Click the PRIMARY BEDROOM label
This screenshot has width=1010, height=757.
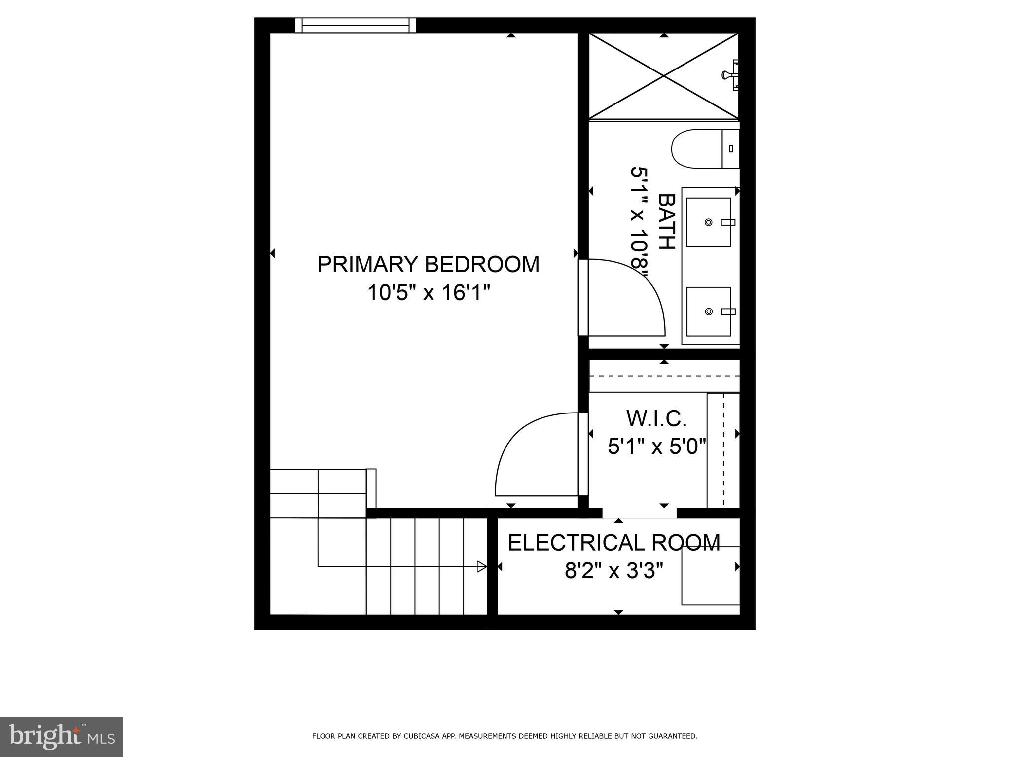point(428,265)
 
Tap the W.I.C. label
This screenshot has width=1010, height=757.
point(657,419)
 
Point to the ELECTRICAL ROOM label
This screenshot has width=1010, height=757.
point(614,543)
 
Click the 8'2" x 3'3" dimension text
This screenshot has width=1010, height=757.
point(614,572)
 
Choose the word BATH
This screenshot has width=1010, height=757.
point(666,222)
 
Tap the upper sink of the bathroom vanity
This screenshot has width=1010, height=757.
point(709,222)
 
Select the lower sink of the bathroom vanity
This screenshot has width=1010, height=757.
point(709,311)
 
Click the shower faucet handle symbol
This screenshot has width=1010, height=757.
point(727,75)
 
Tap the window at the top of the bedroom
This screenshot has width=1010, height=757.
point(356,25)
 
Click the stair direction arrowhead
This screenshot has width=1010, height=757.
point(482,567)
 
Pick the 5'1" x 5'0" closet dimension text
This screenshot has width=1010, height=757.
point(657,447)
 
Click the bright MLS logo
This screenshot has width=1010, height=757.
point(62,737)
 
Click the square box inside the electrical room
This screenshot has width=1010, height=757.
point(710,576)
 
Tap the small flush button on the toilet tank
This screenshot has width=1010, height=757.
point(731,148)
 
